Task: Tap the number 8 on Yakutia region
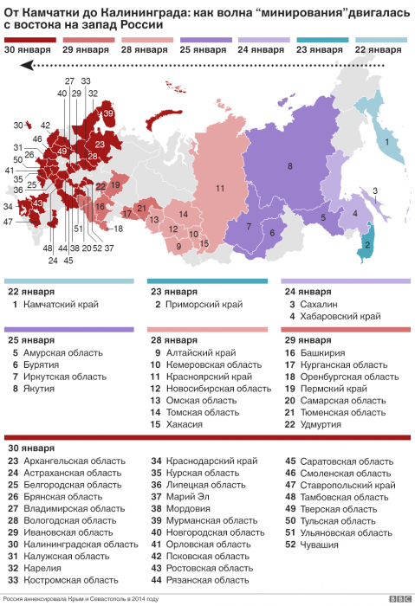[x=290, y=165]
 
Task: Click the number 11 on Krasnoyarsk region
[x=220, y=188]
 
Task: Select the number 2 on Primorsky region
[x=368, y=245]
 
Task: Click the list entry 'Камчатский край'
[x=61, y=304]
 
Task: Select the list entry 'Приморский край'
[x=199, y=304]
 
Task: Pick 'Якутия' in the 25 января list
[x=41, y=389]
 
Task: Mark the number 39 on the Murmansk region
[x=107, y=113]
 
